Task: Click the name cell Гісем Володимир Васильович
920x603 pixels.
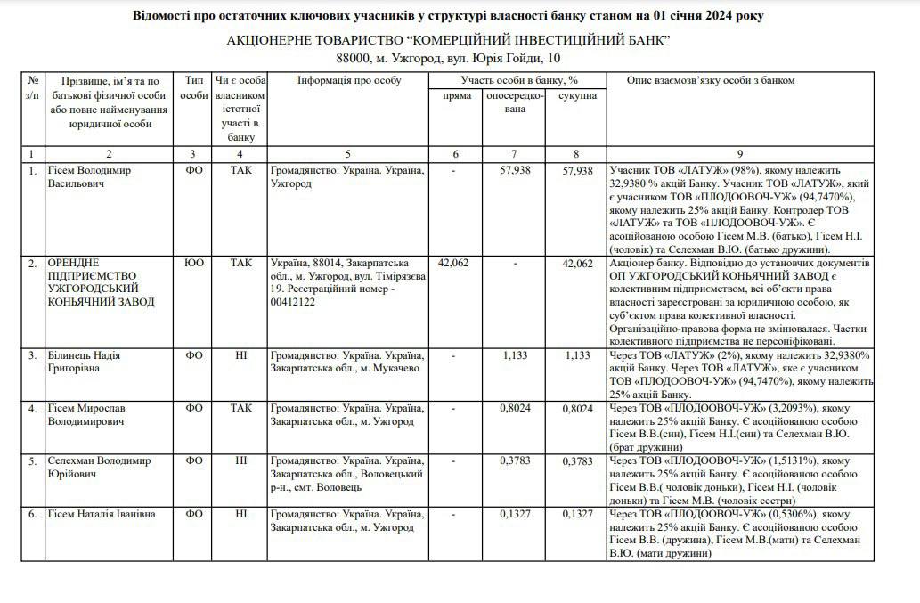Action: click(87, 176)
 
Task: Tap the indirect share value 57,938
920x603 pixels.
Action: click(516, 171)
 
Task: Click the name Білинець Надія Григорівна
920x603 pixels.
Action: click(85, 362)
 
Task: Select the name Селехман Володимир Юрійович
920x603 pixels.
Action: click(99, 468)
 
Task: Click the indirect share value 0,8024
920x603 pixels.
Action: click(516, 408)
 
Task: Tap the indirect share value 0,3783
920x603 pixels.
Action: click(516, 461)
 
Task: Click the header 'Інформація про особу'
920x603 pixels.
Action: click(349, 81)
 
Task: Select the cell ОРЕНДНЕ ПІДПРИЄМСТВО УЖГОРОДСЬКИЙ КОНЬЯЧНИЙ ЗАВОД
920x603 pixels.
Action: click(102, 282)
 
